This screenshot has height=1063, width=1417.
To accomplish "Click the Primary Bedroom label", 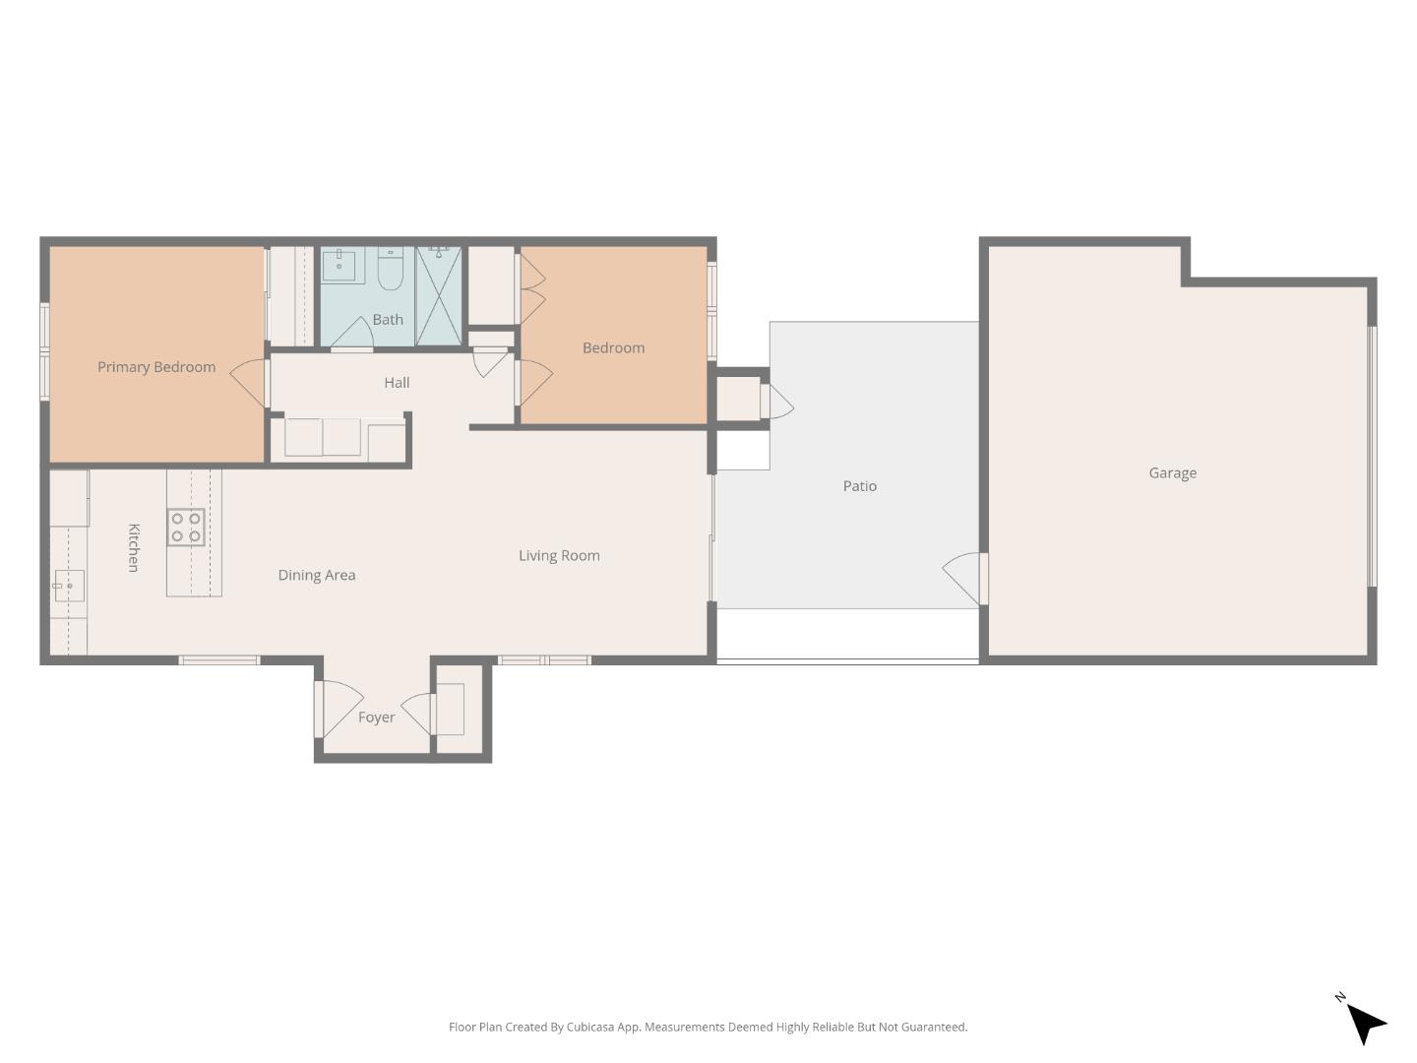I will (x=156, y=367).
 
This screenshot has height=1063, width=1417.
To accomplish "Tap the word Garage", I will (x=1172, y=472).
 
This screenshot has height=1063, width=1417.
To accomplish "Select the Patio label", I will (x=859, y=486).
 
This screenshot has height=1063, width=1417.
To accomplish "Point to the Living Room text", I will (x=559, y=556).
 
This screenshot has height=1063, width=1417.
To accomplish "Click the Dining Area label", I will (x=316, y=576).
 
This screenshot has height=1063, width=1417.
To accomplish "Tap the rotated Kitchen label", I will (x=134, y=547).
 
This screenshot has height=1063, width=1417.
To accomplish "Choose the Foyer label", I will (x=376, y=718).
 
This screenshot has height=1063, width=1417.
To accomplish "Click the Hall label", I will (x=397, y=383).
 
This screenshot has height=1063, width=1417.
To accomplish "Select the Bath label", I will (x=388, y=320).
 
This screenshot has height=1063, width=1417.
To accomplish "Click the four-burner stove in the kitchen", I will (x=186, y=528).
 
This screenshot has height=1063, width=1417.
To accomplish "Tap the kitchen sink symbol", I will (x=69, y=586).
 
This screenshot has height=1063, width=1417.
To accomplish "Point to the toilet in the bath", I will (x=391, y=269).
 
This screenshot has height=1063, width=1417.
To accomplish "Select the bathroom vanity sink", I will (x=340, y=263).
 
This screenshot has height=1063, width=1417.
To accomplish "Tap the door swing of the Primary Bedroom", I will (x=249, y=383).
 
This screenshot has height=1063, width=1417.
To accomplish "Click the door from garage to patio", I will (x=963, y=580).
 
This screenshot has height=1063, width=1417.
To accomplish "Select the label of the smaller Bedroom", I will (x=613, y=348).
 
